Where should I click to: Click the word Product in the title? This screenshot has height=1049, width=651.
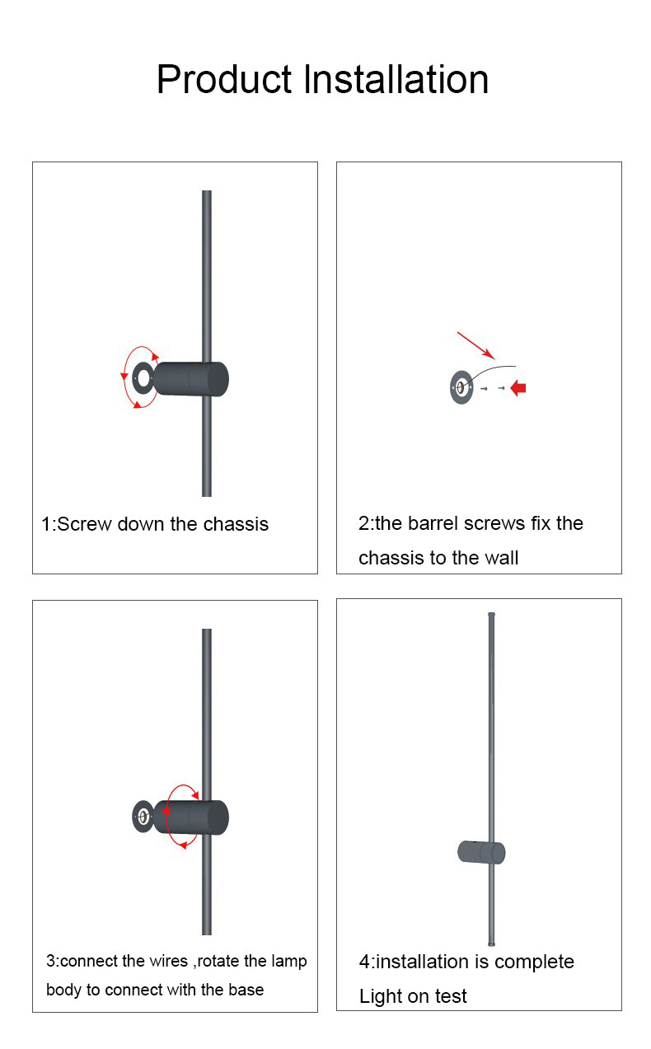click(224, 79)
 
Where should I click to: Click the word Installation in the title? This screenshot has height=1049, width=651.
click(396, 79)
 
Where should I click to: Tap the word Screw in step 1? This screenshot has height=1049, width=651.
click(84, 524)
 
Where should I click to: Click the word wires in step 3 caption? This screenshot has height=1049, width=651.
click(169, 961)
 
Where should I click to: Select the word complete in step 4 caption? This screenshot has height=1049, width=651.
click(534, 962)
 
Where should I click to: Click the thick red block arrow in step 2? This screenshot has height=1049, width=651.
click(518, 388)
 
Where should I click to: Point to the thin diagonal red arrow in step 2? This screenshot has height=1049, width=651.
click(475, 345)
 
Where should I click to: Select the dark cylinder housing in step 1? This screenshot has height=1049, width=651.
click(191, 379)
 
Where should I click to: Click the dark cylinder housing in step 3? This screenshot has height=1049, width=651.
click(191, 817)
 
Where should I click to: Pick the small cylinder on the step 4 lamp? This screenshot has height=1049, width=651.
click(481, 852)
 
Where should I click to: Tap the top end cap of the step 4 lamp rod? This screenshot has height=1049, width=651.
click(491, 615)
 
